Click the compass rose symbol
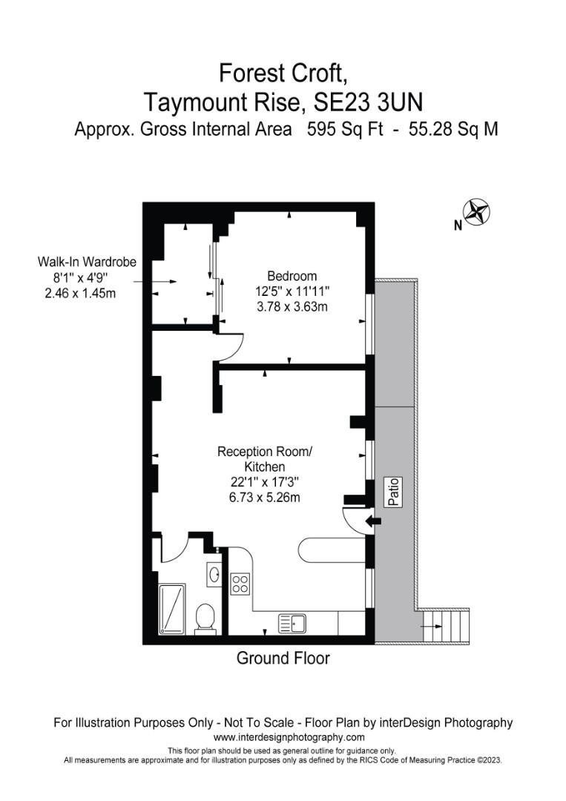click(478, 212)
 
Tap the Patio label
click(395, 492)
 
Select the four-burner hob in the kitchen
click(240, 584)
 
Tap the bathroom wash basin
click(214, 573)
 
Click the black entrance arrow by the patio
click(375, 521)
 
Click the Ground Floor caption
click(283, 658)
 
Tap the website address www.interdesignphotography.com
click(289, 737)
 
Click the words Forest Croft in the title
click(283, 73)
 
